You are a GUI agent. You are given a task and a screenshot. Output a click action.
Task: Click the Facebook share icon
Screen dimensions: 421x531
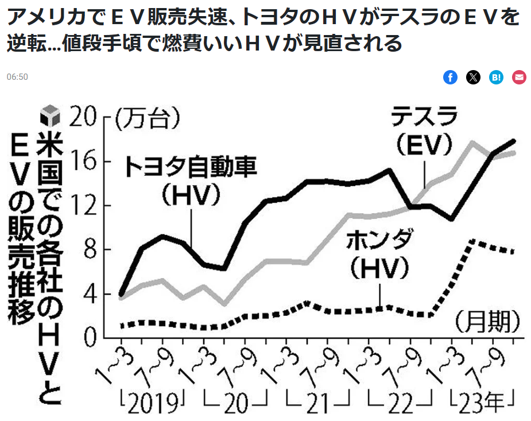[450, 78]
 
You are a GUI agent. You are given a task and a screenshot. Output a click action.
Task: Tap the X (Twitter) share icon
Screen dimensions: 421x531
[473, 78]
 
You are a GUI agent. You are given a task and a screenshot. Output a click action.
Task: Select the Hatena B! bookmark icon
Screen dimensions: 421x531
[496, 78]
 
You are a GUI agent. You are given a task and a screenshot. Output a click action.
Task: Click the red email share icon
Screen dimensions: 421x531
[519, 78]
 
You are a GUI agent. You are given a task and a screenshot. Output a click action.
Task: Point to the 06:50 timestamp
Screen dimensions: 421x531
[17, 77]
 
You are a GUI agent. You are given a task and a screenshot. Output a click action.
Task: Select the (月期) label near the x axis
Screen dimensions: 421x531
[488, 323]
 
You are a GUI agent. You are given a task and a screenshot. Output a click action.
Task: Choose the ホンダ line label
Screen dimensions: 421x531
[379, 241]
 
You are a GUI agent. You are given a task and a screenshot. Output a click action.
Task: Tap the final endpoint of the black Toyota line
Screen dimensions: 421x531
[513, 141]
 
